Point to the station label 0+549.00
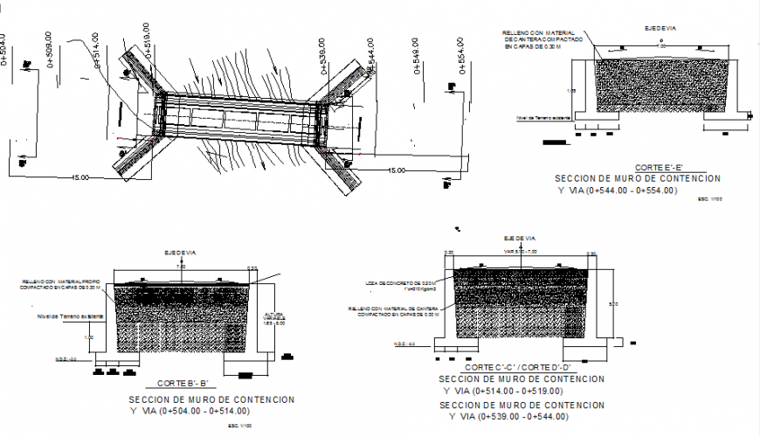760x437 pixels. click(415, 53)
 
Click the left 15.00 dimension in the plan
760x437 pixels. click(79, 177)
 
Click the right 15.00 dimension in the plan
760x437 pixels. click(397, 170)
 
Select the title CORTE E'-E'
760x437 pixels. click(659, 167)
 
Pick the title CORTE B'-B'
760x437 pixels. click(181, 383)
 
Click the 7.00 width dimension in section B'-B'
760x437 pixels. click(181, 266)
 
